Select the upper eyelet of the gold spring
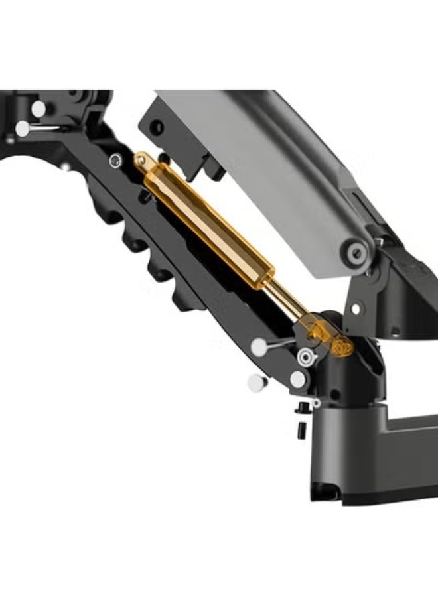(x=142, y=160)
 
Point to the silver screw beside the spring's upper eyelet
(x=117, y=159)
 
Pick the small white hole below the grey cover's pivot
(x=356, y=308)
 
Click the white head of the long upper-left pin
(x=23, y=129)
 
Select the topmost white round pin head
(x=38, y=108)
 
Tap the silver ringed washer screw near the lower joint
(x=305, y=356)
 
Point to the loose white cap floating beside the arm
(x=254, y=382)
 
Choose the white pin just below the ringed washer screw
(x=298, y=379)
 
